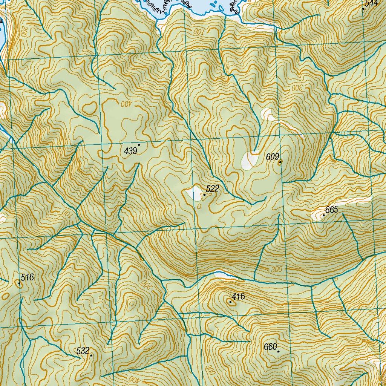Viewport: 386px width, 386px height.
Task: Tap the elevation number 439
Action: pos(130,151)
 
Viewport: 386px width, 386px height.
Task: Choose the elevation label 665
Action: pos(332,210)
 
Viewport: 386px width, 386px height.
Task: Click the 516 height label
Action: pos(28,278)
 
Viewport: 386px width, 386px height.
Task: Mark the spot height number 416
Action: pos(238,297)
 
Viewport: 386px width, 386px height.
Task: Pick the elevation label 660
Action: pos(271,347)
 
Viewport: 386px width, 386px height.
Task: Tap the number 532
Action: pos(83,351)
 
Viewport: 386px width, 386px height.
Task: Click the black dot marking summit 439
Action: pos(139,144)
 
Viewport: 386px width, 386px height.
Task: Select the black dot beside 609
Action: pos(280,163)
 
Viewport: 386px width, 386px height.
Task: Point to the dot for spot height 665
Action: pos(324,215)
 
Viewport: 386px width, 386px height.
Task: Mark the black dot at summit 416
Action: pos(230,302)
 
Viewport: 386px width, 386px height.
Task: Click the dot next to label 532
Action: pos(91,355)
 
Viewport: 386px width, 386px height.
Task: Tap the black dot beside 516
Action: pos(19,283)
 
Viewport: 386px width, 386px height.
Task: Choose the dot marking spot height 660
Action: pos(279,351)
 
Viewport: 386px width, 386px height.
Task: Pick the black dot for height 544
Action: pos(363,8)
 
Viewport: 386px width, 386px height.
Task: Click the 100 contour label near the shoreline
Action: pos(198,32)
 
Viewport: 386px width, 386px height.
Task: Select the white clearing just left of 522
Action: pos(194,193)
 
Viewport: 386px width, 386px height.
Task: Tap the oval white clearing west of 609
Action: pos(249,160)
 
